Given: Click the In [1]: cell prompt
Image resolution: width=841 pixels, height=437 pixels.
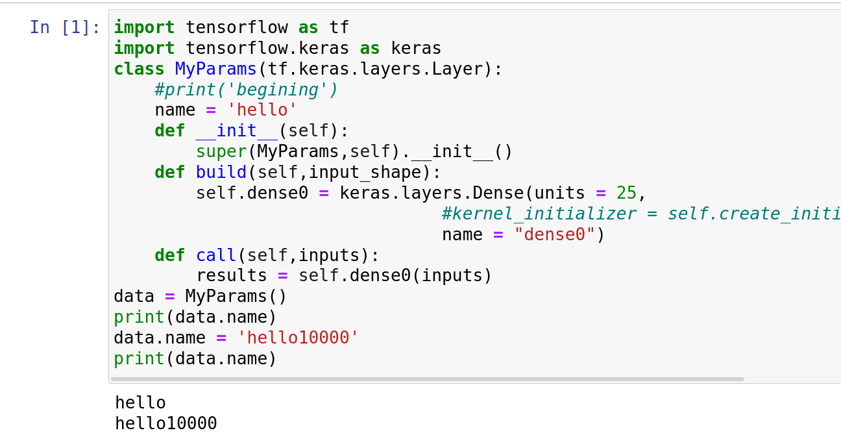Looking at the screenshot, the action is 65,27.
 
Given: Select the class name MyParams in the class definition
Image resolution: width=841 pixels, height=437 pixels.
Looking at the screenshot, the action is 216,69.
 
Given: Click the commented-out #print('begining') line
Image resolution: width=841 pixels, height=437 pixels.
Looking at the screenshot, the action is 247,90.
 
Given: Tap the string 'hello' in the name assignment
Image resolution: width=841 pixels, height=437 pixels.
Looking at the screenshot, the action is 262,110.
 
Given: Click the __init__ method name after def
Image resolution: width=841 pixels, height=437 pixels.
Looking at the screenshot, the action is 237,131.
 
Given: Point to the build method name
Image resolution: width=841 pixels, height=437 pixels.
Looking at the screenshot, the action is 221,173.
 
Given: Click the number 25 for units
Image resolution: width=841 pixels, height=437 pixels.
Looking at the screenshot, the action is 626,194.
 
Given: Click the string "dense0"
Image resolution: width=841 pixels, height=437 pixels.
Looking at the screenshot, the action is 555,235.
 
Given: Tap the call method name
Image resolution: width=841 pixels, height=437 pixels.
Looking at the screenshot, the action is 216,256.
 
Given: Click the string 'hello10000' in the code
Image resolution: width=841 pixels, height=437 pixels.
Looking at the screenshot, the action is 298,338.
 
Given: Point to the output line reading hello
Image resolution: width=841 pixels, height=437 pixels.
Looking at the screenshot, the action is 140,403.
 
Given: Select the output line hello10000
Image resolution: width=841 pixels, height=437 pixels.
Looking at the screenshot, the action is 166,424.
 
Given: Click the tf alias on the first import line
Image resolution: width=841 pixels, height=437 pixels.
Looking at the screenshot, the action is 339,27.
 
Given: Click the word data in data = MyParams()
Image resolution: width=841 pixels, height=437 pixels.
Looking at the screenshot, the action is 134,297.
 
